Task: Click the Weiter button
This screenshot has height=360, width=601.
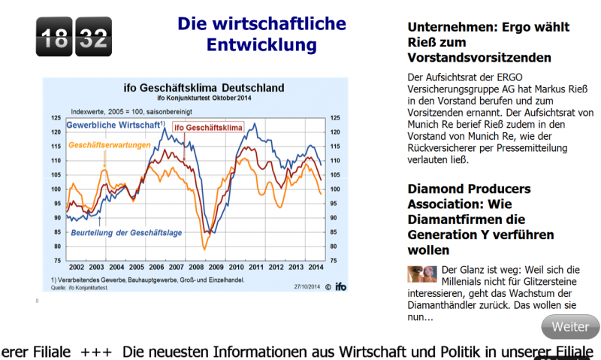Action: click(x=570, y=327)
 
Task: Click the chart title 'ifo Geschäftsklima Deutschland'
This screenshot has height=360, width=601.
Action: click(x=198, y=88)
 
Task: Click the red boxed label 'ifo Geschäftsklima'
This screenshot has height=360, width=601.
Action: click(x=209, y=128)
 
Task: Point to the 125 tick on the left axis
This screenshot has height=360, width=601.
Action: click(x=56, y=118)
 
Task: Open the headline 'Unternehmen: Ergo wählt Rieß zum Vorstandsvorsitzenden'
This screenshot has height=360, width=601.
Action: click(x=489, y=42)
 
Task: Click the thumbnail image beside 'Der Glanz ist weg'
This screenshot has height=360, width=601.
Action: click(x=422, y=274)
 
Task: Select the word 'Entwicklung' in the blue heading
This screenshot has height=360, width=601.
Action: click(x=261, y=45)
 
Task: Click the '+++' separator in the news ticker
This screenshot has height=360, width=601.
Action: click(x=96, y=352)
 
